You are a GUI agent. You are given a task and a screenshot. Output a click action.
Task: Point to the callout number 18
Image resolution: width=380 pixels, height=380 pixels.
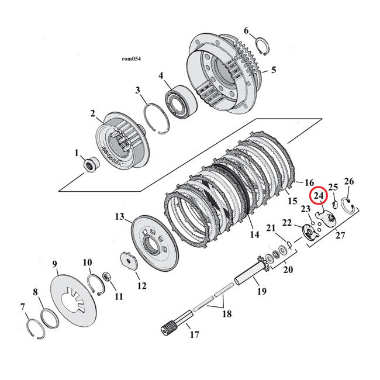click(x=226, y=314)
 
